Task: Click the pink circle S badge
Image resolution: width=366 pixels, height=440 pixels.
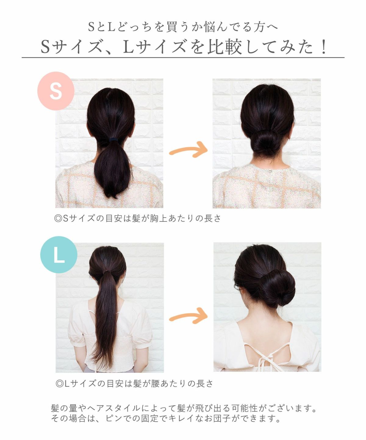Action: pyautogui.click(x=56, y=91)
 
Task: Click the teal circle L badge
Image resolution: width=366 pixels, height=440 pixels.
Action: pyautogui.click(x=59, y=255)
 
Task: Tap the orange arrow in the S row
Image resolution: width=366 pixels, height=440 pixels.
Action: pyautogui.click(x=188, y=150)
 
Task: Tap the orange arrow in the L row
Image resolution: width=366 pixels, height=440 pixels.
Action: pyautogui.click(x=188, y=316)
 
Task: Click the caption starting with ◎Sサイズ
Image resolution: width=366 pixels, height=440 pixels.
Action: pyautogui.click(x=137, y=218)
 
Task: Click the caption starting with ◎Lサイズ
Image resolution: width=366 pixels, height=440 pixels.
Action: pyautogui.click(x=135, y=383)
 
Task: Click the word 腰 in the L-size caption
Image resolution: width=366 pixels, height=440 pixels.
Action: pyautogui.click(x=155, y=383)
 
